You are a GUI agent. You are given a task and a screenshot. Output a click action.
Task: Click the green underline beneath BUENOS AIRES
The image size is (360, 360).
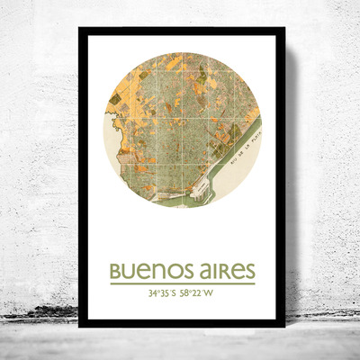[182, 283]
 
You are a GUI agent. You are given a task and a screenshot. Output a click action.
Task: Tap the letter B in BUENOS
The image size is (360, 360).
[115, 271]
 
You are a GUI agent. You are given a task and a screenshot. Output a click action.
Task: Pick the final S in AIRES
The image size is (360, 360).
[249, 271]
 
